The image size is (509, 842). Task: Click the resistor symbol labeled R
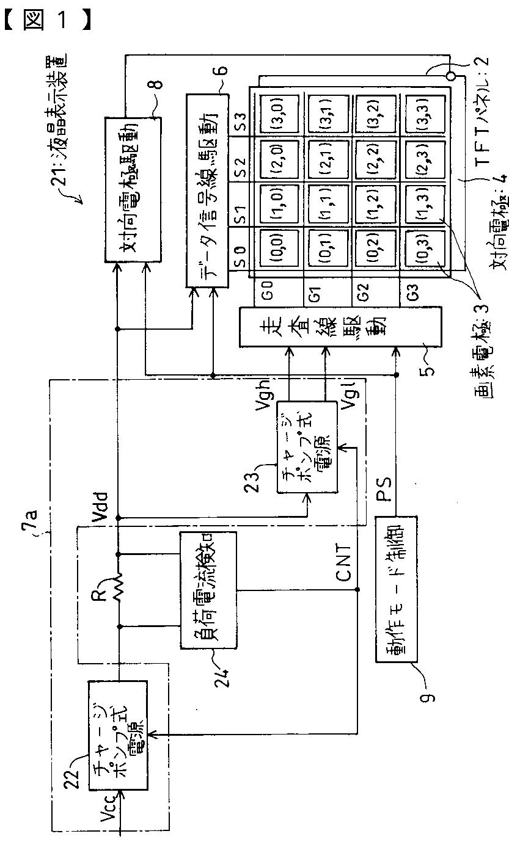[117, 590]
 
